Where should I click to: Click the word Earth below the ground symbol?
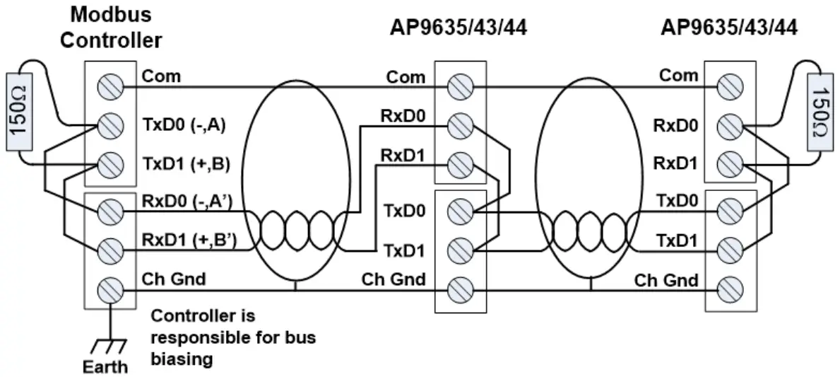[x=106, y=366]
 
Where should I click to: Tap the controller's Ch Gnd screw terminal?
[x=110, y=290]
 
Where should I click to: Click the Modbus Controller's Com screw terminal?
[x=110, y=86]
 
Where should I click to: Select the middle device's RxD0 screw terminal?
[x=460, y=127]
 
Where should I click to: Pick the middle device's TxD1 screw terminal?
[x=460, y=250]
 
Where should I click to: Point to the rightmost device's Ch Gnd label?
[x=666, y=280]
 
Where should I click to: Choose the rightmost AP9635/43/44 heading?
[x=728, y=28]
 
